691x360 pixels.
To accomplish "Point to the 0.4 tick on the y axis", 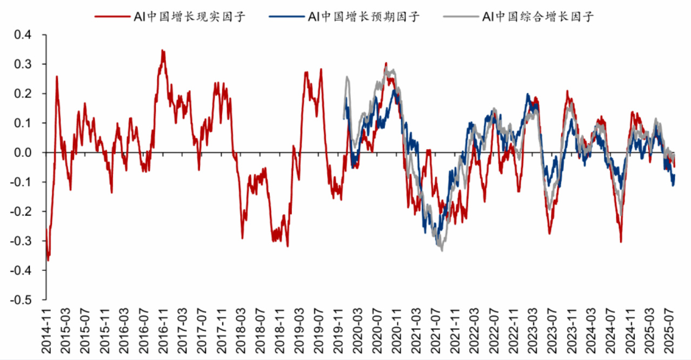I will click(x=22, y=35).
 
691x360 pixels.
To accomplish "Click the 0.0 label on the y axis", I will click(x=22, y=153).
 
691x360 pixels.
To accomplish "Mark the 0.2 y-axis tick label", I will click(x=22, y=94).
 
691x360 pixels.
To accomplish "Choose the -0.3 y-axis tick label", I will click(x=20, y=241).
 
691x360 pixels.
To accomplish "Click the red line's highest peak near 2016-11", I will click(x=162, y=50).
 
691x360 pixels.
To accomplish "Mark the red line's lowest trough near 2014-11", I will click(x=48, y=261).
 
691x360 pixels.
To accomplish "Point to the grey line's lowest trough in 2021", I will click(x=442, y=250).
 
